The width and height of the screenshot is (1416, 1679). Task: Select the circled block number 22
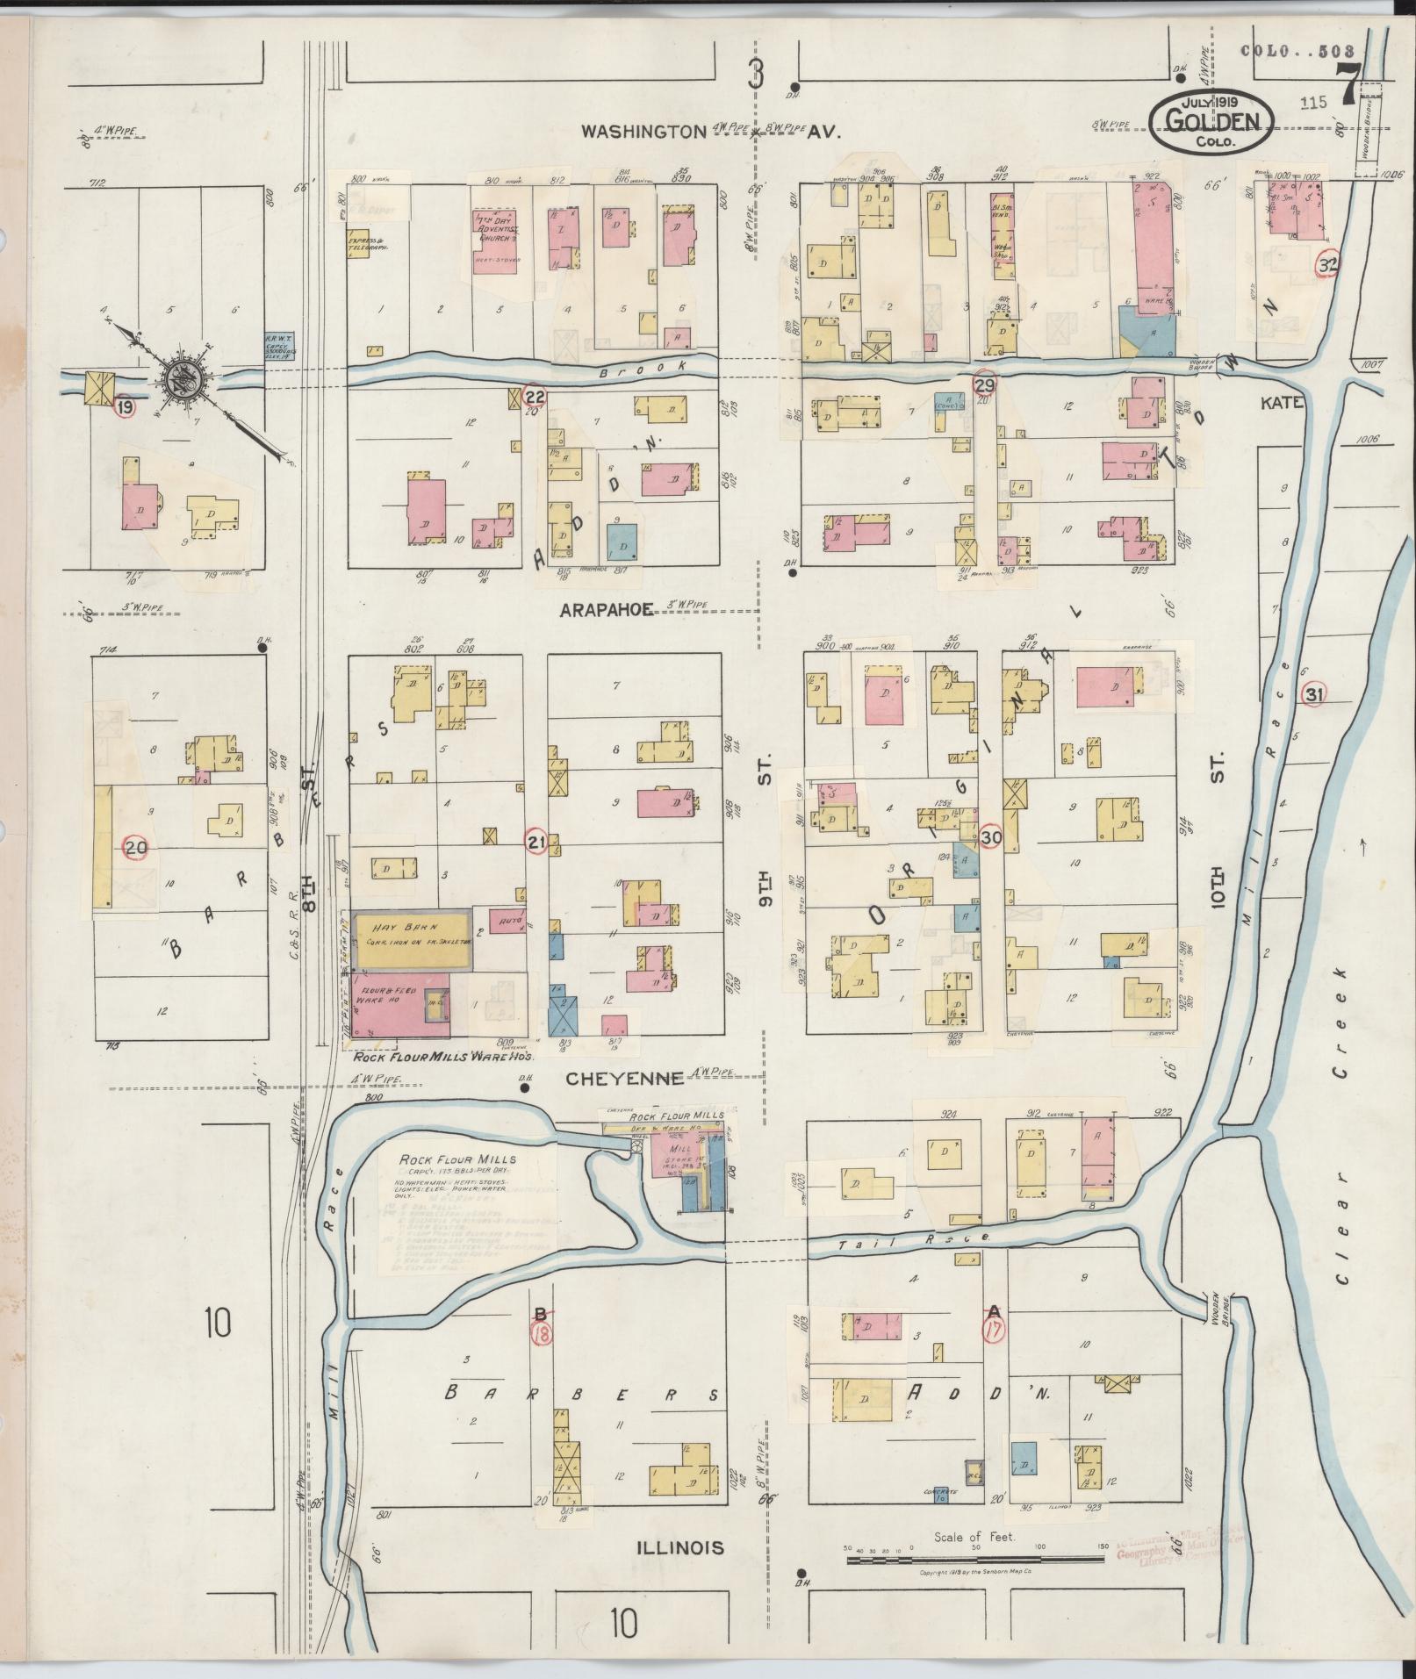535,397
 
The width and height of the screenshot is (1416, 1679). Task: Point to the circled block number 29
985,384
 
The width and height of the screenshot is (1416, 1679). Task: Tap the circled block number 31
1314,694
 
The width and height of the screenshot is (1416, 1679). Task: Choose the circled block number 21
536,843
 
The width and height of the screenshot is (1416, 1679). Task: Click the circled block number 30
991,836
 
